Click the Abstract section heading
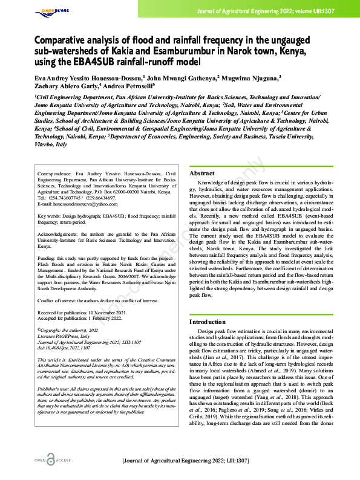pyautogui.click(x=202, y=173)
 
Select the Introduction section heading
pyautogui.click(x=208, y=322)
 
